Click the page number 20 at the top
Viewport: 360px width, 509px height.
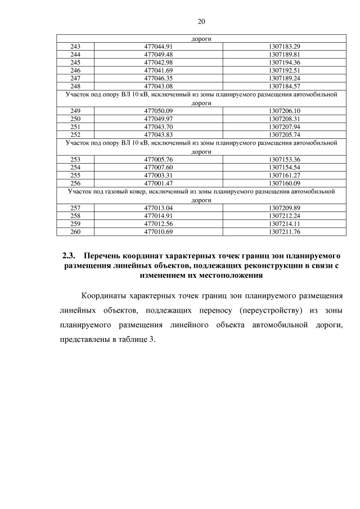(x=202, y=21)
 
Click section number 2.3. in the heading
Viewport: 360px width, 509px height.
(x=68, y=256)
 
